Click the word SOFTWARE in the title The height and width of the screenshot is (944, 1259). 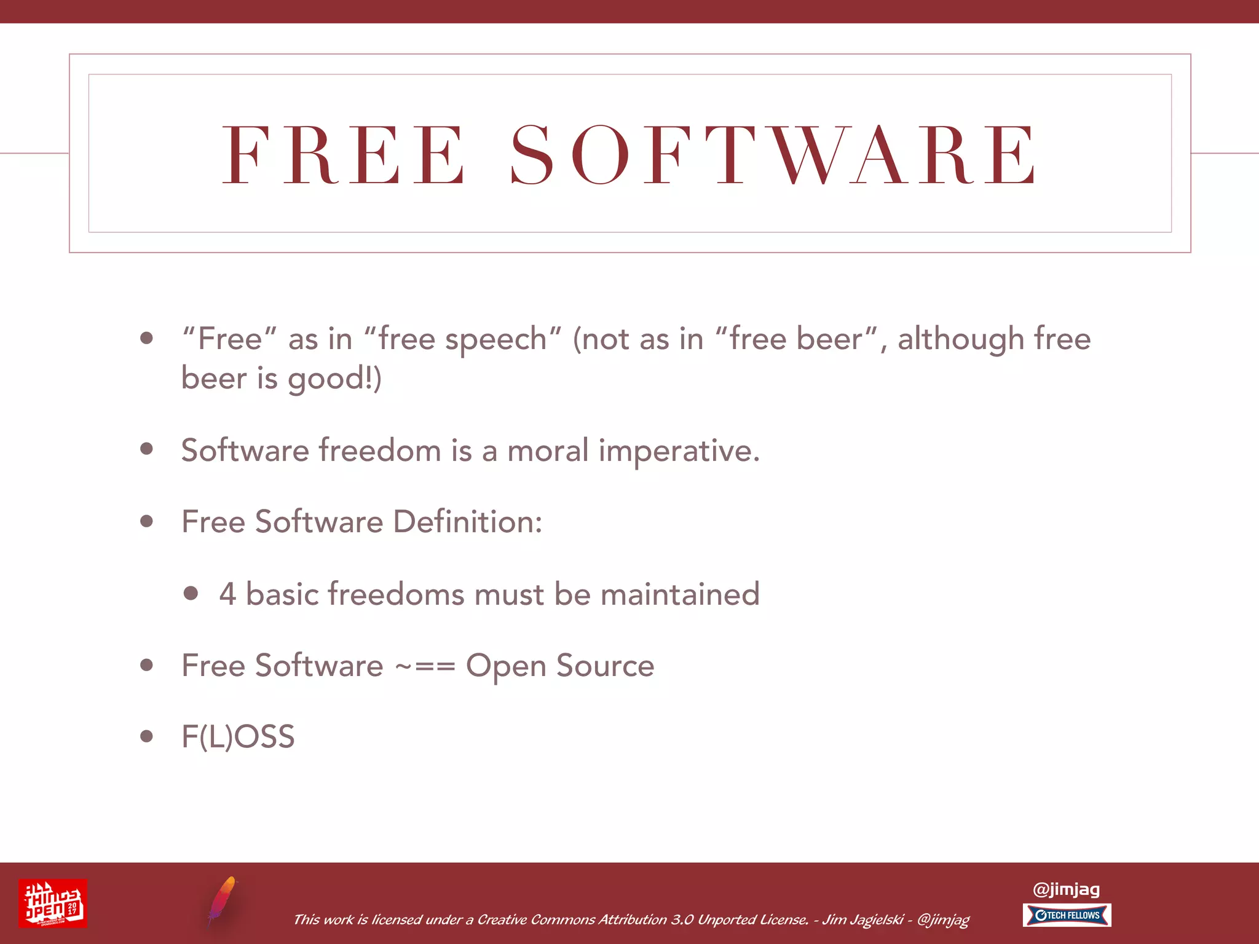coord(773,154)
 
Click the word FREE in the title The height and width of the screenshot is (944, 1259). coord(344,154)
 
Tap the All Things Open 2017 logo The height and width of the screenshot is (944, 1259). coord(53,903)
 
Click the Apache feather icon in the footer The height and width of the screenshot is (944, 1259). coord(222,901)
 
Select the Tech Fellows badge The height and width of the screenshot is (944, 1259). coord(1067,915)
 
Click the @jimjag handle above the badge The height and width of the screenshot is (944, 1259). coord(1066,889)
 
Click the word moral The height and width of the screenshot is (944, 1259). coord(548,450)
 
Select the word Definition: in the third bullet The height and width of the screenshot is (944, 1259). coord(467,522)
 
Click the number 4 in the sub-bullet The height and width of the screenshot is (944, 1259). coord(227,594)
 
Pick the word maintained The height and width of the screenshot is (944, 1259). coord(679,594)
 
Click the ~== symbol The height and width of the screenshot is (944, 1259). coord(425,666)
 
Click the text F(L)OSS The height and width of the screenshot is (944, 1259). coord(238,737)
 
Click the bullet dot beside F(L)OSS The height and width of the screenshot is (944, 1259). coord(146,736)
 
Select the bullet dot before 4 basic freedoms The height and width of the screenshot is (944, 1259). coord(191,593)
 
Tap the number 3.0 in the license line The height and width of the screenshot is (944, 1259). coord(682,920)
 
